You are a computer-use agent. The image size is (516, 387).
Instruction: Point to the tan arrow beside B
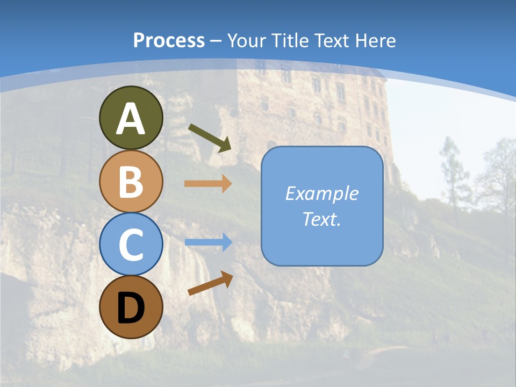click(208, 184)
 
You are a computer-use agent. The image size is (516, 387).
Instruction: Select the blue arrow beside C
click(208, 242)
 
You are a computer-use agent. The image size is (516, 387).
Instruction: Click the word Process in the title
click(169, 41)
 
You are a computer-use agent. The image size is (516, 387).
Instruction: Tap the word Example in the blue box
click(321, 193)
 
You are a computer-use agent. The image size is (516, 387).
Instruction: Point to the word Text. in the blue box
click(321, 219)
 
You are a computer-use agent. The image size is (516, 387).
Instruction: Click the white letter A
click(131, 119)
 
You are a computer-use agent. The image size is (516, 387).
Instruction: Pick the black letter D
click(131, 308)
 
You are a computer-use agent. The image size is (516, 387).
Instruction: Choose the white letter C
click(131, 245)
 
